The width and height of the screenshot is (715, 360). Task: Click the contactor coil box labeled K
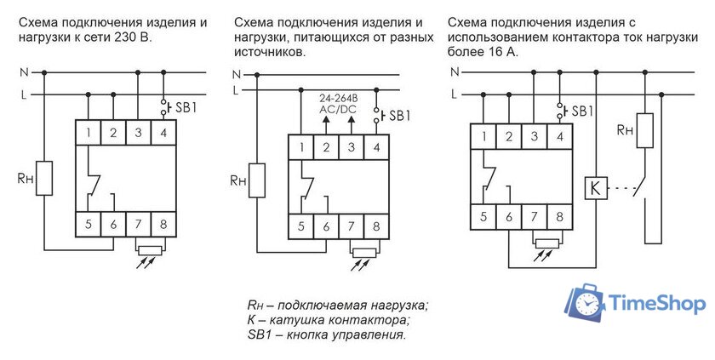pos(595,187)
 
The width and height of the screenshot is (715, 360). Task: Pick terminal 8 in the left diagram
pos(163,226)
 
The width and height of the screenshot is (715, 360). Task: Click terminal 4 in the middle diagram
pos(375,148)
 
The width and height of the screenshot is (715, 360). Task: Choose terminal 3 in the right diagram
pos(534,136)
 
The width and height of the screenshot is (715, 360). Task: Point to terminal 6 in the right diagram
pos(509,218)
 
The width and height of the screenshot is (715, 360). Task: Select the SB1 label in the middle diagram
pos(398,115)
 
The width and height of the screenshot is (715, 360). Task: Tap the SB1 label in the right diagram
pos(582,111)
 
